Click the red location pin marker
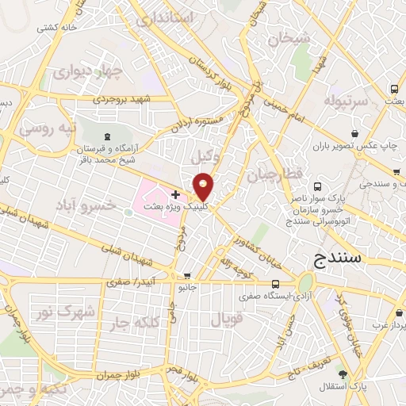[x=204, y=186]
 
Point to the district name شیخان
[x=285, y=36]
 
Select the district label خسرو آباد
[x=85, y=205]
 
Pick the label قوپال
[x=225, y=319]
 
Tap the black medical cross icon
[x=175, y=194]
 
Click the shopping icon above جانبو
[x=187, y=278]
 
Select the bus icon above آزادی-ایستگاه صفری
[x=275, y=284]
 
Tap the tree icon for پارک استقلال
[x=343, y=373]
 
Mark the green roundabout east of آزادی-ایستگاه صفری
[x=306, y=283]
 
